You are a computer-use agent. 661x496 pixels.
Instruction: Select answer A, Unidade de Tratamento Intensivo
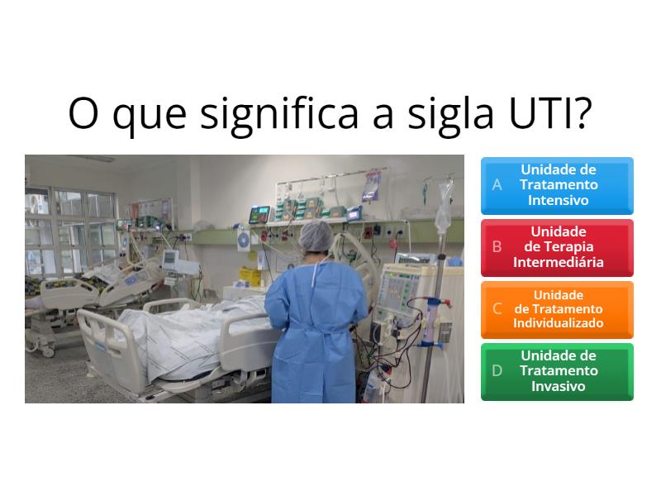coord(557,185)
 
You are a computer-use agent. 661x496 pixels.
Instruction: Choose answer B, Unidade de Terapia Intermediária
coord(557,247)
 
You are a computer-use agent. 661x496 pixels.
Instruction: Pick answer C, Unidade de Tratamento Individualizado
coord(557,309)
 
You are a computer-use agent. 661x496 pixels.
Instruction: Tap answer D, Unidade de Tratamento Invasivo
coord(557,371)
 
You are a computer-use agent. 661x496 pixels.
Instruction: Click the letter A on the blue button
coord(497,185)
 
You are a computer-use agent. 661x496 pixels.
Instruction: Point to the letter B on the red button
coord(497,247)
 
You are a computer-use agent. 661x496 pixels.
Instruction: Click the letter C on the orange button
coord(497,309)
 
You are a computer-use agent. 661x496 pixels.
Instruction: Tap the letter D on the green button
coord(497,371)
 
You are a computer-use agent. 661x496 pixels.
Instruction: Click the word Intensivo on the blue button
coord(558,200)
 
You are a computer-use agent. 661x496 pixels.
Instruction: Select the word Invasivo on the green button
coord(558,386)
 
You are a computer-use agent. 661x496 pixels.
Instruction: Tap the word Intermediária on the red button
coord(558,262)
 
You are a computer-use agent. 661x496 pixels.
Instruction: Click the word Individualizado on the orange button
coord(558,323)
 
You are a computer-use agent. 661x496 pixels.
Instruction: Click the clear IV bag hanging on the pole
coord(443,207)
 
